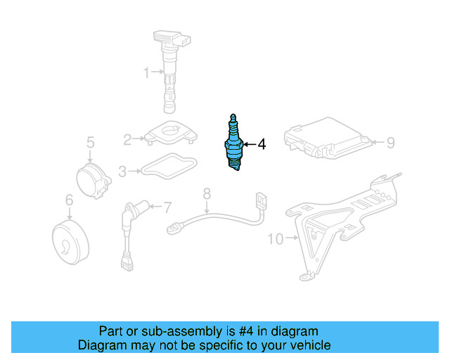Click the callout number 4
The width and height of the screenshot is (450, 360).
pyautogui.click(x=262, y=145)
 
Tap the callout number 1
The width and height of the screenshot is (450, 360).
pyautogui.click(x=147, y=72)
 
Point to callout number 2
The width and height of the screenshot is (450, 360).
pyautogui.click(x=127, y=139)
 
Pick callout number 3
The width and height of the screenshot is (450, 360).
pyautogui.click(x=122, y=170)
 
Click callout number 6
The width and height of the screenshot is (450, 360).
pyautogui.click(x=69, y=201)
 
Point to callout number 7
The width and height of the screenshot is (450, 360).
pyautogui.click(x=167, y=207)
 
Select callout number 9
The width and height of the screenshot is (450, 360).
pyautogui.click(x=391, y=143)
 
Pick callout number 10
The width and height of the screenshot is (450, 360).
pyautogui.click(x=275, y=239)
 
